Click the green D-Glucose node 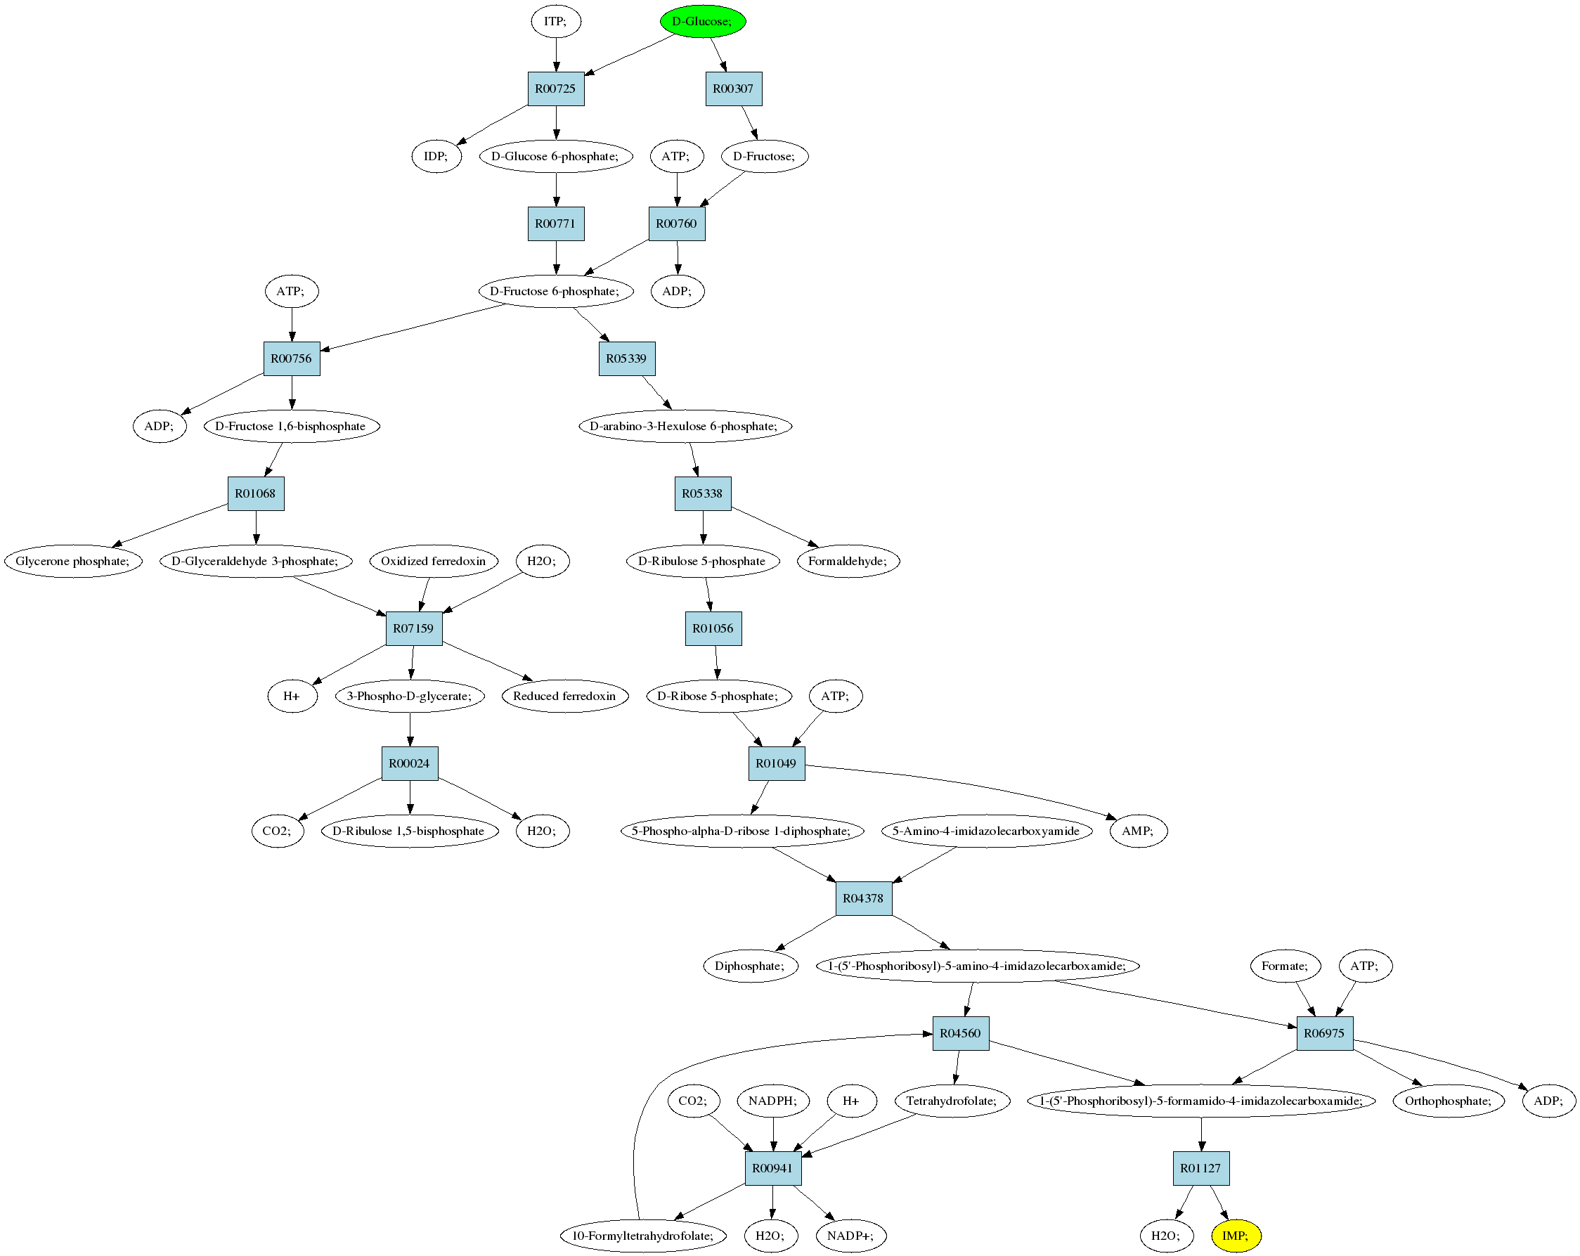coord(703,21)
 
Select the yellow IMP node coord(1236,1236)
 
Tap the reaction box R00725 coord(556,89)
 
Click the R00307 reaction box coord(734,89)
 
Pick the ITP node coord(556,21)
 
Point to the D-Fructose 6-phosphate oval coord(555,291)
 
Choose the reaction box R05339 coord(626,358)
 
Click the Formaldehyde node coord(848,562)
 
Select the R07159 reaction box coord(414,628)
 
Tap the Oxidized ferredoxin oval coord(434,562)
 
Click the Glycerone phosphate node coord(73,562)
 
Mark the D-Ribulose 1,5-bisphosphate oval coord(410,831)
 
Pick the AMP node coord(1138,831)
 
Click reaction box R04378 coord(864,898)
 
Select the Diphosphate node coord(751,966)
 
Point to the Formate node coord(1285,966)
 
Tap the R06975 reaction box coord(1325,1033)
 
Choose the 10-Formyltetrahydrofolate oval coord(643,1236)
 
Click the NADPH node coord(773,1101)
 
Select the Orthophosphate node coord(1448,1101)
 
